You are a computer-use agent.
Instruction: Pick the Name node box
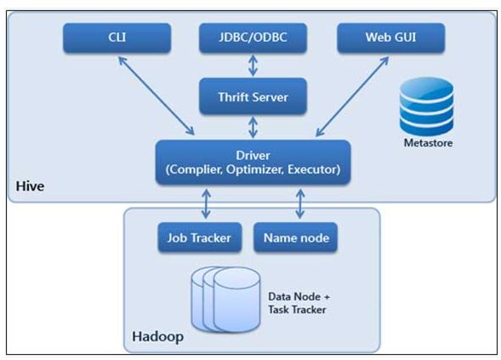click(295, 237)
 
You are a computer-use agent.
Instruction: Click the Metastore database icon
click(427, 107)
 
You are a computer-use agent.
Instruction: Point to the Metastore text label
click(427, 142)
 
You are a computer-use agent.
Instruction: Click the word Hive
click(29, 185)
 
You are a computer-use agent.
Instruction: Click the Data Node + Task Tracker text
click(298, 302)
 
